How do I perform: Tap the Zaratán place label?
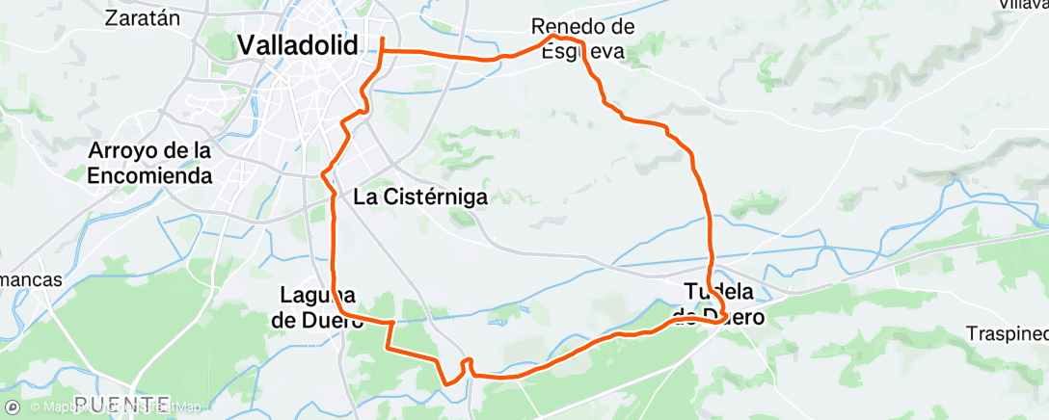[143, 16]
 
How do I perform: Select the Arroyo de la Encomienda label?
[149, 164]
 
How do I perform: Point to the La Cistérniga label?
[420, 197]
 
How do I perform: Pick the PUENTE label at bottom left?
[122, 404]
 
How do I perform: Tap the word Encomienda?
[149, 176]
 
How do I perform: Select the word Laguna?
[319, 295]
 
